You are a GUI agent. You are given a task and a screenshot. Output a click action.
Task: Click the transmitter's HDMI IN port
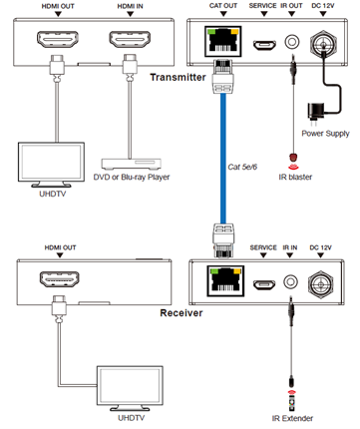click(x=130, y=39)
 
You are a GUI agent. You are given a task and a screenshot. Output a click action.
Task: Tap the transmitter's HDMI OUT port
click(x=58, y=39)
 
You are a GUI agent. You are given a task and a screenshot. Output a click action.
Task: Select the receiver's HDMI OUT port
click(x=60, y=279)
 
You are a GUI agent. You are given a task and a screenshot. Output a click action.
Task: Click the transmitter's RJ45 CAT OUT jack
click(x=222, y=42)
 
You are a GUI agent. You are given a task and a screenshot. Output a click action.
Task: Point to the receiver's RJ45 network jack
click(x=225, y=280)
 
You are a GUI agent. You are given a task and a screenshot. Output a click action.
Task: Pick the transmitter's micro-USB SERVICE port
click(x=264, y=45)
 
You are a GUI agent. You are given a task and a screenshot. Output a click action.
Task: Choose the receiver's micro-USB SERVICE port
click(x=264, y=284)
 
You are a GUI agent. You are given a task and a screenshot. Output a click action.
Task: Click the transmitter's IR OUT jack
click(x=292, y=42)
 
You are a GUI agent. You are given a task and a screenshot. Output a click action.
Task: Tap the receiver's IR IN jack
click(x=290, y=281)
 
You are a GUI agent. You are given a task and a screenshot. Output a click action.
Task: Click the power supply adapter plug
click(x=315, y=114)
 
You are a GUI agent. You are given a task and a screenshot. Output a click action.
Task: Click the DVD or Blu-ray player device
click(x=131, y=164)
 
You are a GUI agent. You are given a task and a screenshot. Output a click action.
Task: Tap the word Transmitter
click(x=178, y=78)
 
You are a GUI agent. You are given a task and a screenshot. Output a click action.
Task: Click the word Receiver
click(x=181, y=313)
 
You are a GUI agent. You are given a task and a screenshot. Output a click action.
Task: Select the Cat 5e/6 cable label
click(x=242, y=167)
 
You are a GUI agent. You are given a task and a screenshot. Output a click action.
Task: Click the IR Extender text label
click(x=292, y=418)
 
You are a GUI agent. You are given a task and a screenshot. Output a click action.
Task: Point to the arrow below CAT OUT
click(x=223, y=14)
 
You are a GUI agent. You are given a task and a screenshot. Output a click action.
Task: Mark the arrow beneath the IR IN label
click(x=290, y=255)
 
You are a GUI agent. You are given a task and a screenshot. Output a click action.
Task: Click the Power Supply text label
click(x=325, y=134)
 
